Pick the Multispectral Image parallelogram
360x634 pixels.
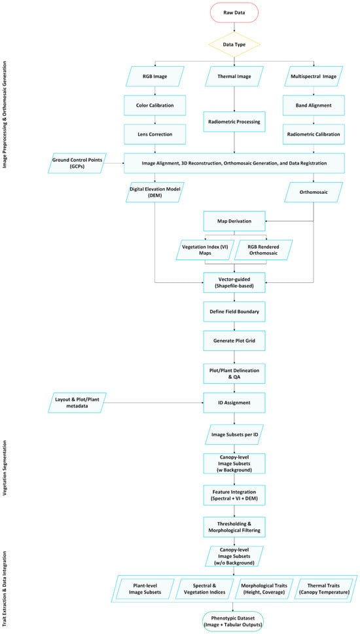[x=314, y=77]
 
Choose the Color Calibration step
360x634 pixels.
[x=155, y=105]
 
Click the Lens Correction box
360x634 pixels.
[x=155, y=134]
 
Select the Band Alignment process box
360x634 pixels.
[x=314, y=105]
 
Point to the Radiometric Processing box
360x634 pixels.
[x=234, y=121]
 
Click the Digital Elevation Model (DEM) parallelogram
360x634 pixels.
[x=155, y=192]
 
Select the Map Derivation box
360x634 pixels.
[x=234, y=221]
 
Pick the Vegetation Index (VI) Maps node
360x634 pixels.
[x=205, y=250]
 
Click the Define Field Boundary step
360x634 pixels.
[x=234, y=311]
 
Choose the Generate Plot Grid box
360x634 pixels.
[x=234, y=341]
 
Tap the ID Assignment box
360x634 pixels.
[x=234, y=402]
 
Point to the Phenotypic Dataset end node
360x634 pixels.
[x=234, y=622]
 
